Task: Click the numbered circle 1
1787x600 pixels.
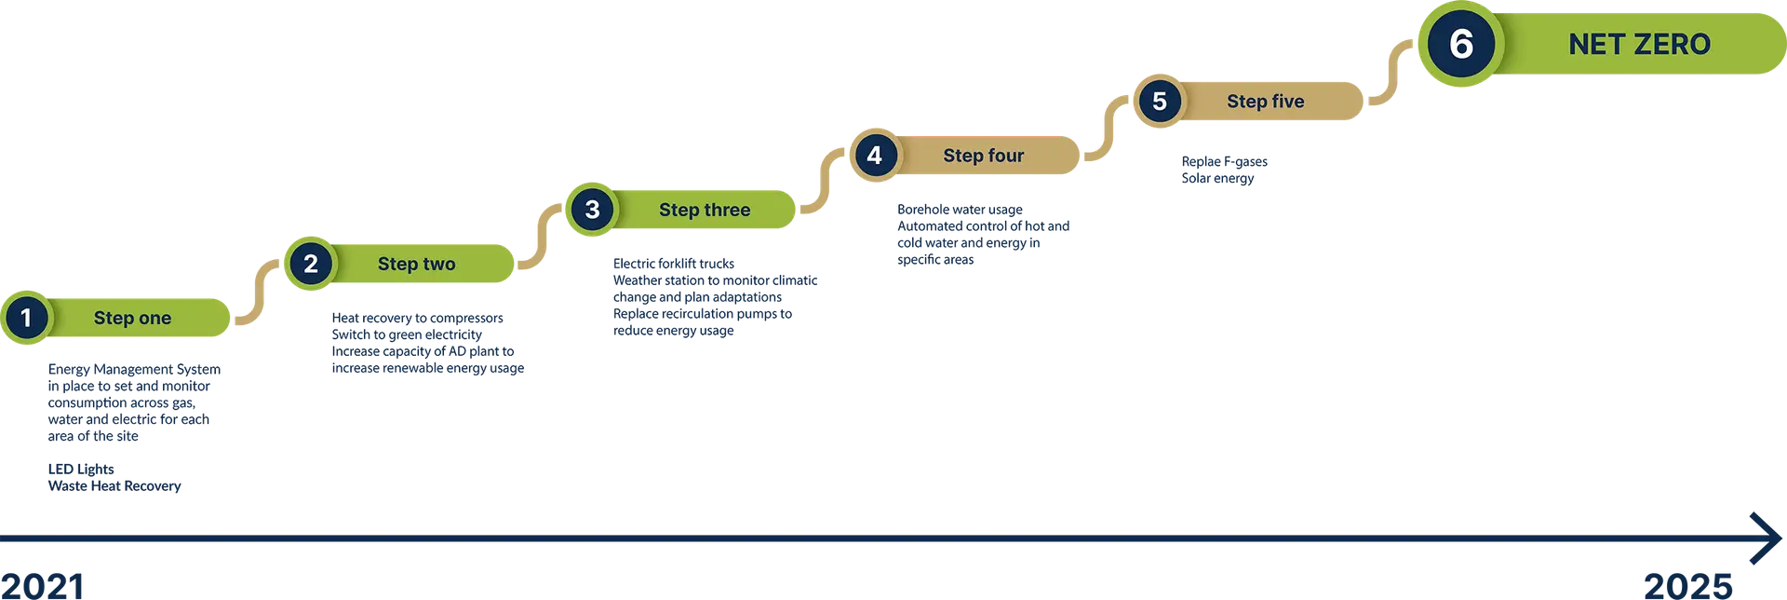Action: (26, 318)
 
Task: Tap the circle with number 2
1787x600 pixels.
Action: (311, 264)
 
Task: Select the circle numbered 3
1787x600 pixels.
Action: (593, 210)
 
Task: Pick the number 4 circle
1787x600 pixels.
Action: (875, 156)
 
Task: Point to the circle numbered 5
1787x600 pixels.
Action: (1160, 101)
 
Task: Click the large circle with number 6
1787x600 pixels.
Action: (1461, 44)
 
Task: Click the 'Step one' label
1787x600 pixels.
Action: (132, 318)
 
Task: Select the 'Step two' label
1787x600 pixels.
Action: (416, 264)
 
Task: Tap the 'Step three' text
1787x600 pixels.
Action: (705, 210)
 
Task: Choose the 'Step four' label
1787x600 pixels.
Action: (983, 156)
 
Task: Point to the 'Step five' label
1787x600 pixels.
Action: (1265, 101)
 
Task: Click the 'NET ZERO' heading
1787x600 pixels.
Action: (1639, 44)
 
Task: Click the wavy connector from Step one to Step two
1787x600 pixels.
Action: (255, 291)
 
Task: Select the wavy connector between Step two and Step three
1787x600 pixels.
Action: (539, 237)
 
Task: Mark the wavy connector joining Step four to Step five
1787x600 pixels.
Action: (1105, 129)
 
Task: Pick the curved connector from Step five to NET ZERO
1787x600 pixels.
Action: (1390, 72)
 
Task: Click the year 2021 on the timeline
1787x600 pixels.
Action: (43, 585)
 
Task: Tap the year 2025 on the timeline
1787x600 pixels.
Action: (1688, 585)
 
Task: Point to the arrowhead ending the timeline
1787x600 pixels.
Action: (1764, 538)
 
